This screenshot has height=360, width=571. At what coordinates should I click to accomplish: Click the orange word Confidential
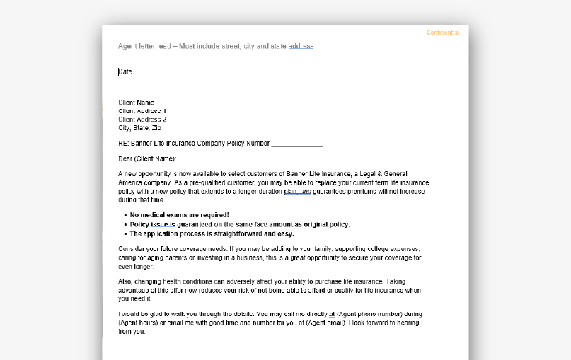coord(443,33)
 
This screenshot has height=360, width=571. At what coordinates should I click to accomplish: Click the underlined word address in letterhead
coord(301,47)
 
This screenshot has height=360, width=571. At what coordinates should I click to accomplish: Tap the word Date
coord(125,71)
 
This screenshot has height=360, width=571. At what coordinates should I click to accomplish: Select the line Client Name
coord(136,103)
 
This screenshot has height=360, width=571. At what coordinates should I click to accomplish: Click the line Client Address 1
coord(142,111)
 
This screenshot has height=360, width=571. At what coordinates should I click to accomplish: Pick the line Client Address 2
coord(142,120)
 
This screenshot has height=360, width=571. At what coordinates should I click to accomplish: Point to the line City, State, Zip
coord(139,128)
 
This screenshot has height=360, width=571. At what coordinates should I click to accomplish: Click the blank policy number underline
coord(296,144)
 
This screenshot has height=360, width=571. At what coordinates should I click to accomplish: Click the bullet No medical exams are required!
coord(179,215)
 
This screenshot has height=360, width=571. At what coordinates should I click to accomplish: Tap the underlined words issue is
coord(163,224)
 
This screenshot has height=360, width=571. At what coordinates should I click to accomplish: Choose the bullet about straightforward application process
coord(212,233)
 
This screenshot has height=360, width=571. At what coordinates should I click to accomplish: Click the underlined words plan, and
coord(297,191)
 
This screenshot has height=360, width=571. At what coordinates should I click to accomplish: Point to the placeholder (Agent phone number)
coord(370,313)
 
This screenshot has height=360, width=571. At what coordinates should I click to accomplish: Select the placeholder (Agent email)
coord(321,323)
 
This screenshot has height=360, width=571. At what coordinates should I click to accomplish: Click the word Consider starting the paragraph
coord(132,249)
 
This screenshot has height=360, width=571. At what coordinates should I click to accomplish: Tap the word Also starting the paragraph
coord(126,281)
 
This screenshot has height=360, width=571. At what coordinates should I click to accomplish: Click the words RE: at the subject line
coord(124,144)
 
